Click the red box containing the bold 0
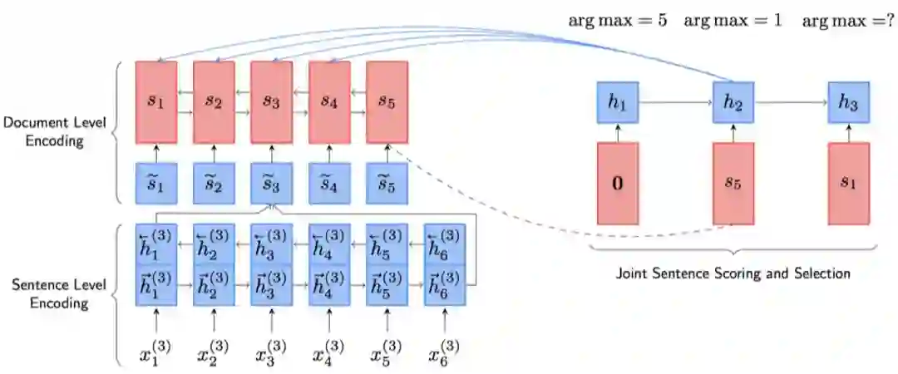pos(617,183)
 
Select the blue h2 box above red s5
pos(733,103)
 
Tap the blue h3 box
pos(848,103)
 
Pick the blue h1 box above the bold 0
pos(617,103)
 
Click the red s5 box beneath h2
pos(733,183)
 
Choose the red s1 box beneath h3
pos(848,183)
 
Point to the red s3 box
pos(272,101)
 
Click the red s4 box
pos(329,101)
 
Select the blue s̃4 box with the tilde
pos(329,183)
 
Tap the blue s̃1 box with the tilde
pos(156,183)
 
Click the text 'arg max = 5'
pos(617,20)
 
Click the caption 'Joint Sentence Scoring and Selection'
pos(733,273)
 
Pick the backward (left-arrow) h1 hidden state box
pos(156,244)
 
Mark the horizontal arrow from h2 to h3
pos(790,103)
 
